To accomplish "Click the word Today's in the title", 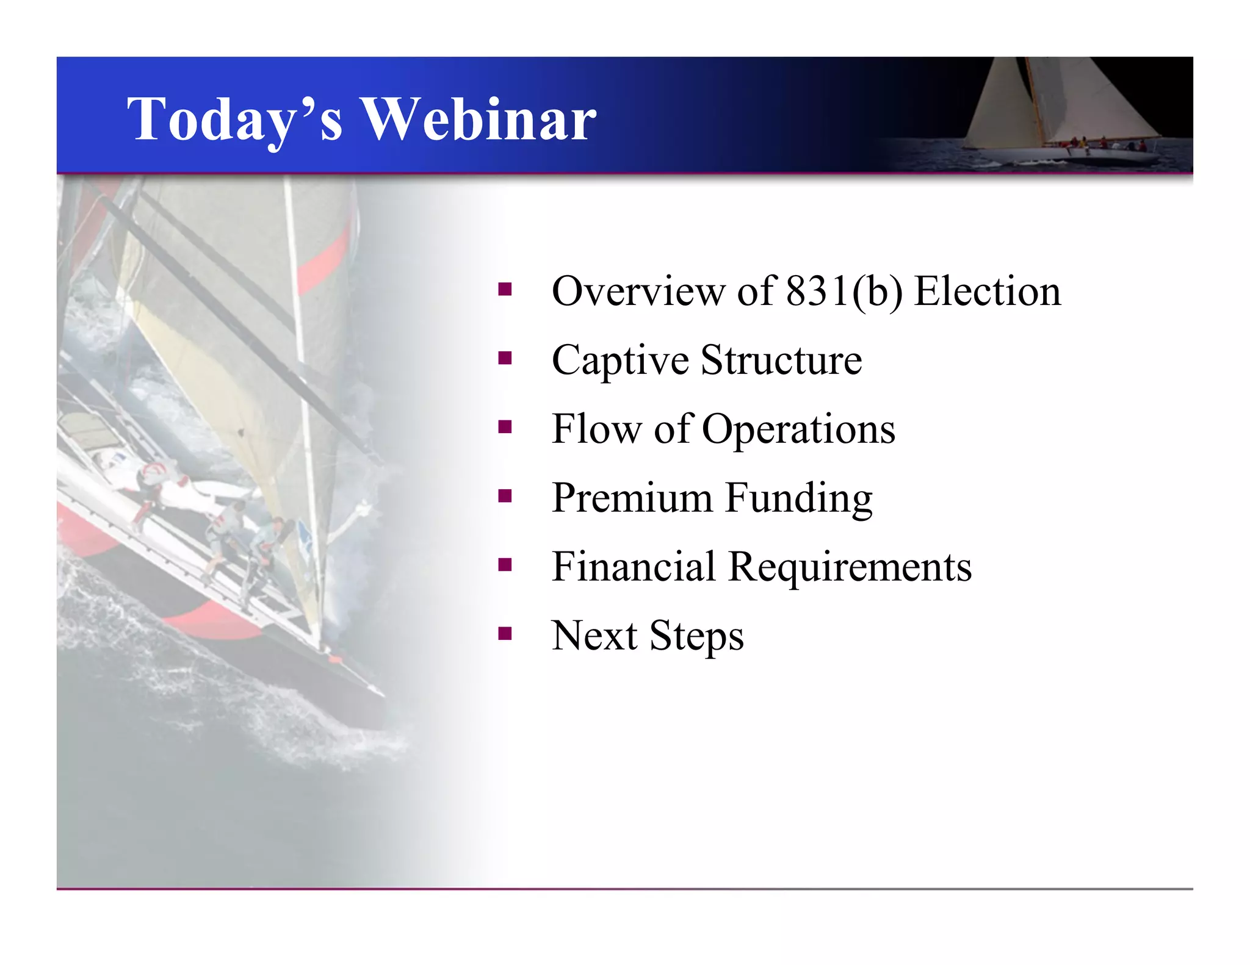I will (x=235, y=120).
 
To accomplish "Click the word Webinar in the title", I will (x=480, y=119).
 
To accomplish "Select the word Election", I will (x=988, y=292).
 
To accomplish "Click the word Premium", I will (x=632, y=498).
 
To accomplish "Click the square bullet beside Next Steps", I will (x=504, y=634).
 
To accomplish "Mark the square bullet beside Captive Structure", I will (x=504, y=358).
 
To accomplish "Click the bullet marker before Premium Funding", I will (x=504, y=496).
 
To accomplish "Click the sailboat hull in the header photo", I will (x=1086, y=156).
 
